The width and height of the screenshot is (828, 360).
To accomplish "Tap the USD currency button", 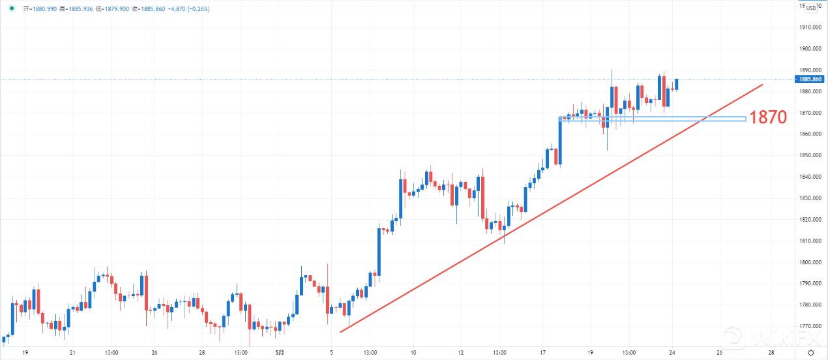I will pyautogui.click(x=811, y=8).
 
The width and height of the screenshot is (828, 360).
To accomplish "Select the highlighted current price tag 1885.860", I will pyautogui.click(x=810, y=80).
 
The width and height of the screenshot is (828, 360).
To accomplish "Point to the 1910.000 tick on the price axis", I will pyautogui.click(x=810, y=27).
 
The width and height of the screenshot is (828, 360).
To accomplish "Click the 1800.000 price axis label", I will pyautogui.click(x=810, y=262).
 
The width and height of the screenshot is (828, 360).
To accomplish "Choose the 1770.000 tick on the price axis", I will pyautogui.click(x=810, y=326).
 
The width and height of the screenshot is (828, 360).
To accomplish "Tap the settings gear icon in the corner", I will pyautogui.click(x=810, y=352).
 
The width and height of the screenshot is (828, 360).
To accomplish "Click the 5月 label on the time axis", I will pyautogui.click(x=280, y=353).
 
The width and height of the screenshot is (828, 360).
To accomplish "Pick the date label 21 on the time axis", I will pyautogui.click(x=73, y=353).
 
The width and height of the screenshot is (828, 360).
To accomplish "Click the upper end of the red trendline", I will pyautogui.click(x=761, y=84).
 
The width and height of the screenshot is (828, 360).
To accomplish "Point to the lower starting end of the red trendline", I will pyautogui.click(x=341, y=332).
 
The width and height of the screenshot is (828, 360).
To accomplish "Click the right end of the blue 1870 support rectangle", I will pyautogui.click(x=745, y=119).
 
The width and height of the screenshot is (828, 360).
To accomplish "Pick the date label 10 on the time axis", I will pyautogui.click(x=413, y=353).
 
